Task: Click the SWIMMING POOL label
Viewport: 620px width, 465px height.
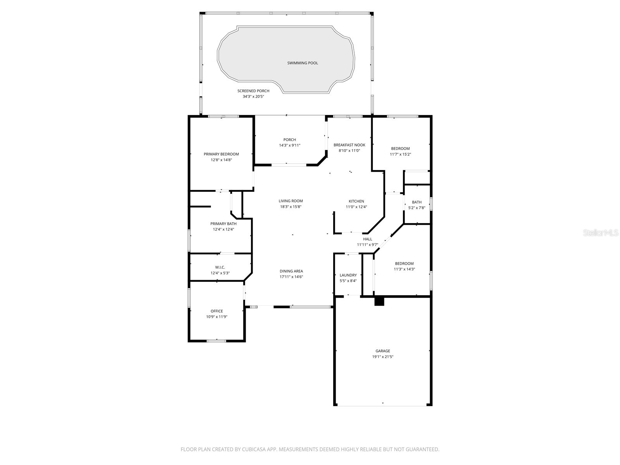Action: pos(302,63)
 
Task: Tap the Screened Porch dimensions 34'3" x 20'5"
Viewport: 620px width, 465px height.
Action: pos(253,96)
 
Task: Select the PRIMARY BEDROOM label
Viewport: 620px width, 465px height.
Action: pos(221,154)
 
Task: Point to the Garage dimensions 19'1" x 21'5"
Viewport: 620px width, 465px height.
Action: pos(382,357)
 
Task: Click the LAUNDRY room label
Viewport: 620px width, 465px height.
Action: pos(348,275)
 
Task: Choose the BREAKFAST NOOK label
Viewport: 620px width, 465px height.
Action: pos(349,145)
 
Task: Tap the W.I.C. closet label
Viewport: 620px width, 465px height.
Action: pos(220,267)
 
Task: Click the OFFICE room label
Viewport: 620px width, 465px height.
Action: pos(217,311)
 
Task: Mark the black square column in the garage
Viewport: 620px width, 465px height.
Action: pos(379,301)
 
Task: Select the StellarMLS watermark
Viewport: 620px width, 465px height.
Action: pos(601,232)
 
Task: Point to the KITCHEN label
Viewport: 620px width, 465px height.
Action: pos(356,201)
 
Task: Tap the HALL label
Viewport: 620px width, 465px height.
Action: pos(367,239)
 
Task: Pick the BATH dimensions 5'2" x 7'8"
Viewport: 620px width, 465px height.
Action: pos(417,208)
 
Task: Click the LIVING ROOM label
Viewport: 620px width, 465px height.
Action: pos(291,201)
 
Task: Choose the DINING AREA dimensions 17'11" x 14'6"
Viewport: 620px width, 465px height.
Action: pos(291,277)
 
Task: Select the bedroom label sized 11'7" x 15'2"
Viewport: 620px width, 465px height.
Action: pos(400,148)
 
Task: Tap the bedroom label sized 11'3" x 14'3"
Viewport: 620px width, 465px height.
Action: pos(404,263)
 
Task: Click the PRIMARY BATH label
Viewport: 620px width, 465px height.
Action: pos(223,224)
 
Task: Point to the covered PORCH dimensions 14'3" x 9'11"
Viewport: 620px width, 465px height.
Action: pos(289,145)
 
